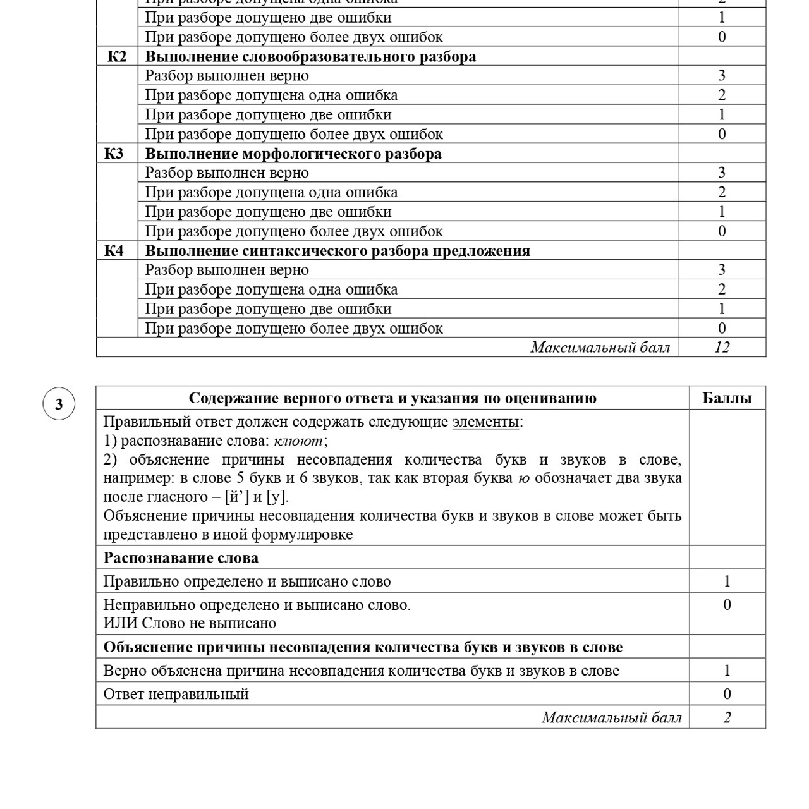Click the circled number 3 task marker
point(59,404)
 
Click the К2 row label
point(117,57)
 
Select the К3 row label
point(114,154)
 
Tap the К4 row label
point(114,251)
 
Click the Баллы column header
point(727,398)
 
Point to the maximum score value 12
point(722,347)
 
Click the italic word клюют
point(298,441)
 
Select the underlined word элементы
point(485,422)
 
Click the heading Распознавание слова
point(181,558)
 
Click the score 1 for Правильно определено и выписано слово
point(727,581)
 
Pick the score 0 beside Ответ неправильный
point(727,694)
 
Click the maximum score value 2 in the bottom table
point(727,717)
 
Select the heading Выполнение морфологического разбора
point(293,154)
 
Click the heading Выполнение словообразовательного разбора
point(310,57)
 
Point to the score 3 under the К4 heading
point(722,270)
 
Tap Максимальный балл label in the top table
point(600,347)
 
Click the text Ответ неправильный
point(176,694)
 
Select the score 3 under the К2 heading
point(722,76)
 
